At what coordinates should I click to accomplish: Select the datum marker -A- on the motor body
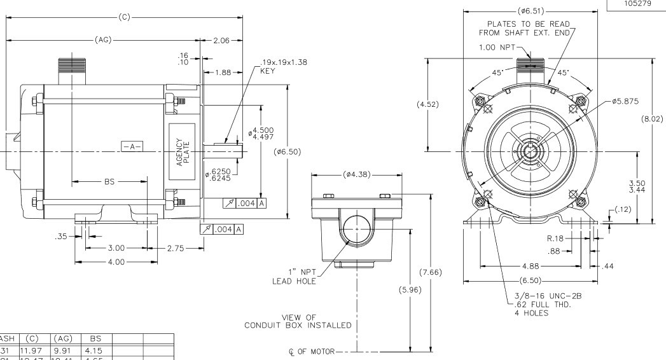[132, 146]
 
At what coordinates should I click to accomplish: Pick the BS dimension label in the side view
[109, 181]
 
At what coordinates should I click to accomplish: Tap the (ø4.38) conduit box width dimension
[357, 174]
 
